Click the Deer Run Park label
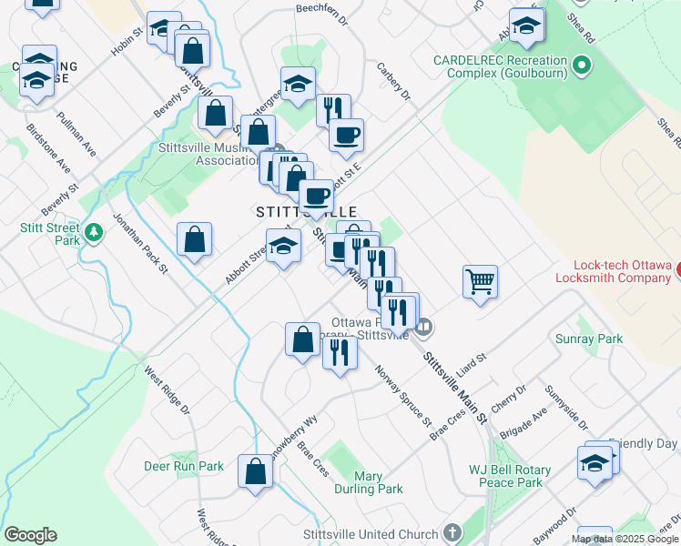(x=184, y=466)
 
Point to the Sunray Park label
(x=589, y=339)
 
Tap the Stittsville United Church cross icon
(x=453, y=533)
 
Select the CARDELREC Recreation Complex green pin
(x=583, y=66)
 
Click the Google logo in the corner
(x=30, y=535)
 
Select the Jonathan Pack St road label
(x=140, y=243)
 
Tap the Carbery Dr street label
(x=394, y=82)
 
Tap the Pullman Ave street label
(x=75, y=131)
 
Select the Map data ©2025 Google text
(x=625, y=539)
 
